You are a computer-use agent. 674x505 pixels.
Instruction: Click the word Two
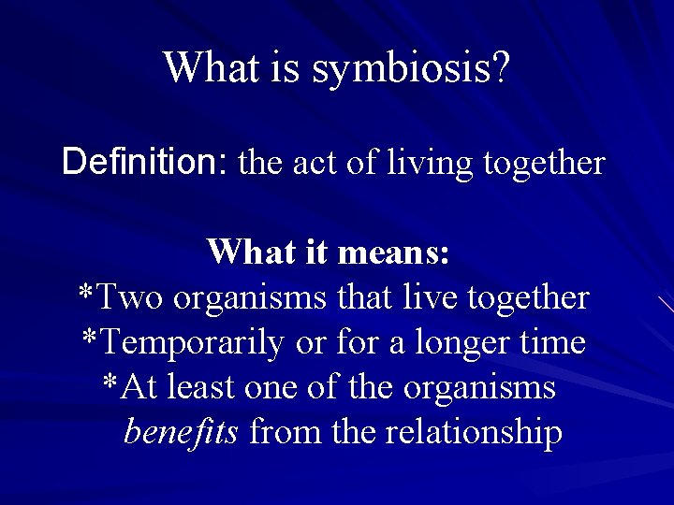click(130, 297)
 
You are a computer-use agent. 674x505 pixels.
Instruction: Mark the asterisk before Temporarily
click(90, 339)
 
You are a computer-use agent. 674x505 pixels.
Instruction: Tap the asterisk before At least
click(110, 383)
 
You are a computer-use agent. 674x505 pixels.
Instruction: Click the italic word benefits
click(182, 432)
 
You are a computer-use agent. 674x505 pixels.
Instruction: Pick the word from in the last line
click(280, 433)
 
